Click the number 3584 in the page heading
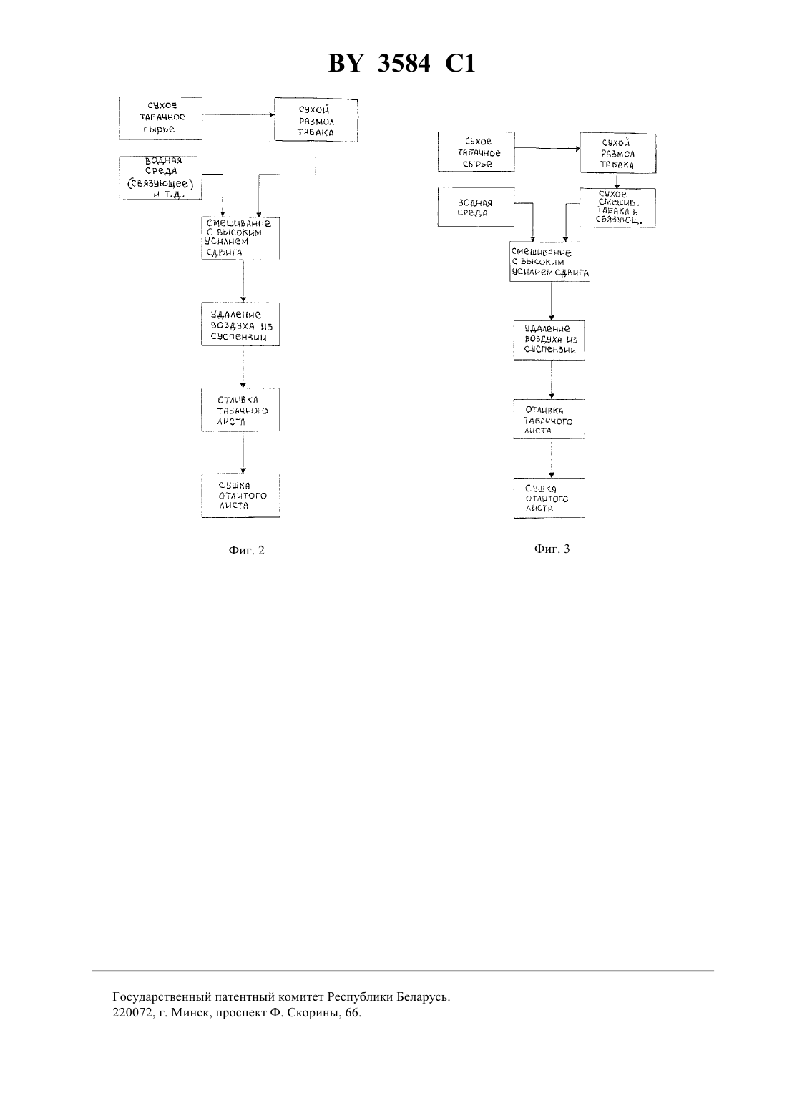tap(404, 64)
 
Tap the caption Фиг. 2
tap(246, 550)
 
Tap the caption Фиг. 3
tap(552, 549)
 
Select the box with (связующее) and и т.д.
tap(160, 178)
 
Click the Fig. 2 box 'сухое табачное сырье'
tap(160, 118)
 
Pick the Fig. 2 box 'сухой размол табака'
tap(316, 120)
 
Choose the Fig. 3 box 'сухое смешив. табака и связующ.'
tap(617, 207)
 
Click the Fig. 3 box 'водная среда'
tap(476, 207)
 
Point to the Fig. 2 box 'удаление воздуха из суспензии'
tap(240, 324)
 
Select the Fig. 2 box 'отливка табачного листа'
tap(240, 410)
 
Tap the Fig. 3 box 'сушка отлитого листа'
tap(549, 499)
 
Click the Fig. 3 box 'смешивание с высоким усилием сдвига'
tap(550, 262)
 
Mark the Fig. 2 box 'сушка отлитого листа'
tap(241, 496)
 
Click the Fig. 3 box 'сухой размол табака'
tap(618, 153)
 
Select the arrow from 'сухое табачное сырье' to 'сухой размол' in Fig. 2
tap(238, 114)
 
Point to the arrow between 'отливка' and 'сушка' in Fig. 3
tap(552, 459)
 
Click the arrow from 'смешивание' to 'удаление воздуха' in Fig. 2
tap(243, 281)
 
